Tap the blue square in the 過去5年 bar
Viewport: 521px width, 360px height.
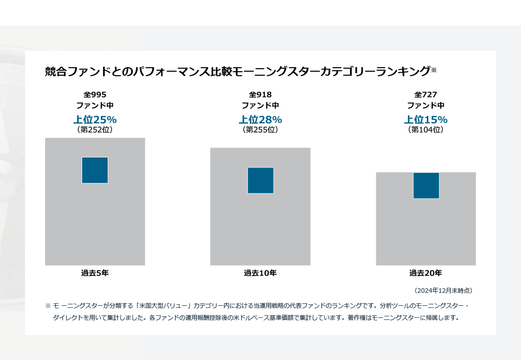click(x=95, y=170)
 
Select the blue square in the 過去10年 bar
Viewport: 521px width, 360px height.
click(x=260, y=180)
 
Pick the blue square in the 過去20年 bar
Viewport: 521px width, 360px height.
click(x=426, y=186)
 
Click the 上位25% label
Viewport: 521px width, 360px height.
click(x=95, y=120)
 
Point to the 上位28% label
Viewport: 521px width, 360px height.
click(x=260, y=120)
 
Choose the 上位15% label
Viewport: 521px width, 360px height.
click(x=426, y=120)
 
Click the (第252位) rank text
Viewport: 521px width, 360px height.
click(x=95, y=130)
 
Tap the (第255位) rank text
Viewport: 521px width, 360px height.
click(x=260, y=130)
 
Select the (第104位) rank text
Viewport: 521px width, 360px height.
click(x=426, y=130)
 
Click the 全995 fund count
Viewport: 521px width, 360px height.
click(x=95, y=94)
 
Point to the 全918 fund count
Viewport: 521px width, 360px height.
click(x=260, y=94)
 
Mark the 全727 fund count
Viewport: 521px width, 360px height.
click(x=426, y=94)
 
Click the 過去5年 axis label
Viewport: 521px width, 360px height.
click(x=95, y=273)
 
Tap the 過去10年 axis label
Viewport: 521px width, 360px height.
click(x=260, y=273)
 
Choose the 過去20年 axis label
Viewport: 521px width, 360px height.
click(x=426, y=273)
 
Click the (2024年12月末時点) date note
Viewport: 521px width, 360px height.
click(x=443, y=290)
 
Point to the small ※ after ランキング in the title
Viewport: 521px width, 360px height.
click(x=434, y=70)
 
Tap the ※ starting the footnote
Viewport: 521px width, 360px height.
click(x=48, y=305)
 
